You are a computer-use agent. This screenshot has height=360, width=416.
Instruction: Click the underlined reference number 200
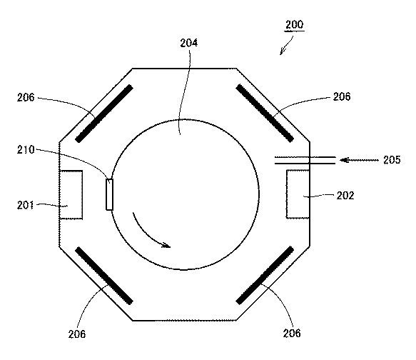point(294,25)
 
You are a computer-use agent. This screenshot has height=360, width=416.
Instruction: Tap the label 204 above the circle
point(188,43)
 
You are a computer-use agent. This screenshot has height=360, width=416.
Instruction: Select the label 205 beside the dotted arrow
point(392,160)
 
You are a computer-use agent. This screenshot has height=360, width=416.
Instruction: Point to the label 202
point(345,196)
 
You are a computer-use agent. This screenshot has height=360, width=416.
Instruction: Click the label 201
point(26,205)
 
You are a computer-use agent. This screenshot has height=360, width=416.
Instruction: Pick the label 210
point(26,150)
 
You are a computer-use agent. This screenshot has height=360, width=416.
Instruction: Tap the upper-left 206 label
point(26,97)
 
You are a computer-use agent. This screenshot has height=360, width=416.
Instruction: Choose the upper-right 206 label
point(342,96)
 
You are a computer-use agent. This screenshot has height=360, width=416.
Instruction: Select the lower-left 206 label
point(77,334)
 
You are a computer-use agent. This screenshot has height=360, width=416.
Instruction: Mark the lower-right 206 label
point(292,333)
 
